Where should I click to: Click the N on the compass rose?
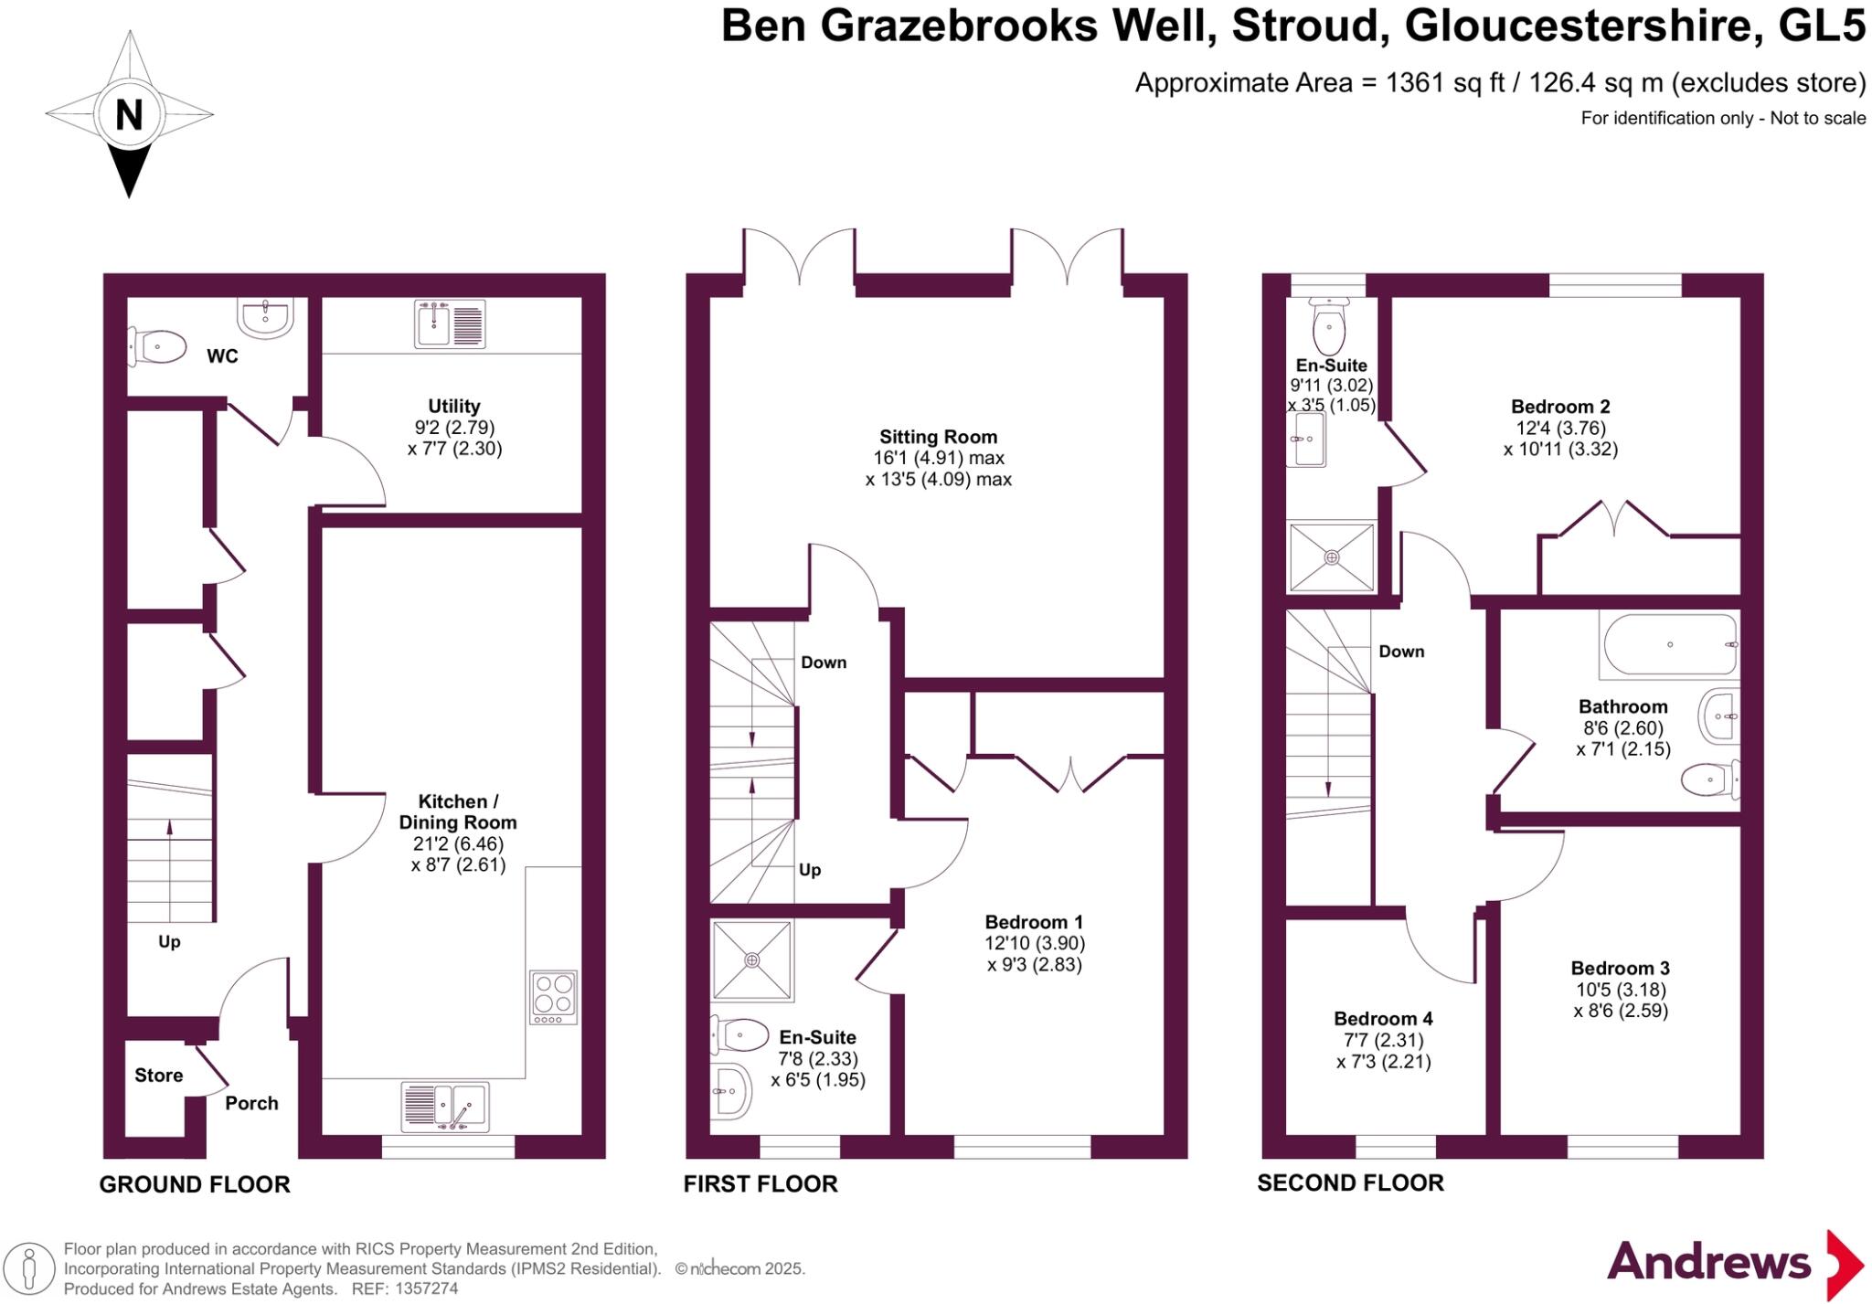click(129, 115)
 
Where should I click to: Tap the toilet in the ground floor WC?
click(157, 347)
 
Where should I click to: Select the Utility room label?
click(453, 406)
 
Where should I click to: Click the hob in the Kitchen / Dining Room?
click(553, 996)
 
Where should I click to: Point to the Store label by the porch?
click(158, 1076)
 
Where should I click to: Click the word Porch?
click(251, 1103)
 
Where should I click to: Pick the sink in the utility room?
click(449, 323)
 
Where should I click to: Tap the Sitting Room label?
click(938, 437)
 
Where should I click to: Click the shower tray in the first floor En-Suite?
click(751, 959)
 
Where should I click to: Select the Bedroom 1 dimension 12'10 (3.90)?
click(1035, 943)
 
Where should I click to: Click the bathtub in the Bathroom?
click(1669, 645)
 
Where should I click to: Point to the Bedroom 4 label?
click(1383, 1018)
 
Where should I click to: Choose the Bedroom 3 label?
click(1620, 968)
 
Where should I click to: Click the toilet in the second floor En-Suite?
click(1328, 319)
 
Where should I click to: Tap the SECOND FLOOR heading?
click(1350, 1182)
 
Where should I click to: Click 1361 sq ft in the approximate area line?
click(1444, 83)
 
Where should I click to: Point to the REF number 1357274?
click(426, 1288)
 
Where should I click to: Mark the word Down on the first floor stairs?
click(823, 663)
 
